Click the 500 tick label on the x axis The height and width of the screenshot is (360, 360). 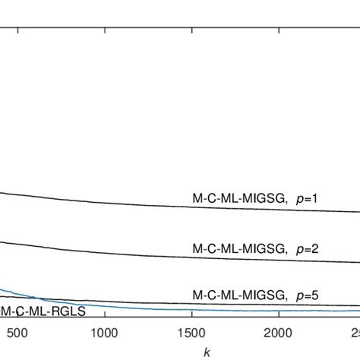pyautogui.click(x=17, y=332)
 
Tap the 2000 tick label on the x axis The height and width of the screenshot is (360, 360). pyautogui.click(x=278, y=332)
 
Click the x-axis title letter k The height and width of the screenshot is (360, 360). pyautogui.click(x=207, y=351)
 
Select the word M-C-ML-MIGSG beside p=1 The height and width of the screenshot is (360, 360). pyautogui.click(x=238, y=199)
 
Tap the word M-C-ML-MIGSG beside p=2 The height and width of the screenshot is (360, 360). pyautogui.click(x=238, y=248)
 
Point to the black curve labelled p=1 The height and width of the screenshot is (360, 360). pyautogui.click(x=152, y=203)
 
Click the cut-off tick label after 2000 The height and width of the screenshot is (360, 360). pyautogui.click(x=355, y=332)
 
